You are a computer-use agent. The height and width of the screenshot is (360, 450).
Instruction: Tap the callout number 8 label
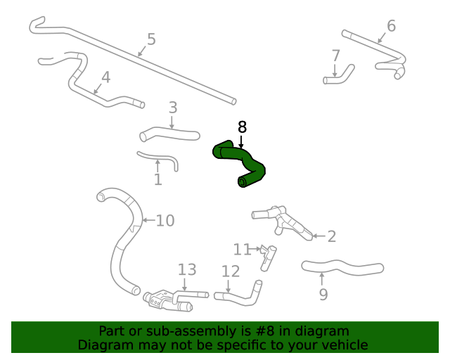(x=242, y=127)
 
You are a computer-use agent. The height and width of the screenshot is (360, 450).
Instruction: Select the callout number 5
(x=151, y=39)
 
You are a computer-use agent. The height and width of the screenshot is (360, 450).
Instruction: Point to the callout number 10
(x=165, y=221)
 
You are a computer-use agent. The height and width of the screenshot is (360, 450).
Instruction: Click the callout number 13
(x=187, y=270)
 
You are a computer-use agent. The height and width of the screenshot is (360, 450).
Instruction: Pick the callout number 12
(x=231, y=271)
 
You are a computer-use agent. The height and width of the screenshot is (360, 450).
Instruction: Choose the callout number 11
(x=242, y=249)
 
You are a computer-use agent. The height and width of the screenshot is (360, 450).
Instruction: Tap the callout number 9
(x=323, y=295)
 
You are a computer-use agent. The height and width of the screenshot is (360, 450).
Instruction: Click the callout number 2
(x=332, y=236)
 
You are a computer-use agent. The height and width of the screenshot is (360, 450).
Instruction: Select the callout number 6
(x=392, y=25)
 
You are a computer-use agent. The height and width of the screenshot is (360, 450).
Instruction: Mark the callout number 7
(x=336, y=56)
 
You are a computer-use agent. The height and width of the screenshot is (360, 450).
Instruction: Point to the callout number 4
(x=106, y=77)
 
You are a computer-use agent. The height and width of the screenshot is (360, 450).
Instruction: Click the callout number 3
(x=173, y=108)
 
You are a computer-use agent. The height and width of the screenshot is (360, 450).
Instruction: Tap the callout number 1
(x=158, y=179)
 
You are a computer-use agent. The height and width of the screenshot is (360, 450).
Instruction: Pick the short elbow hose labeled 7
(x=339, y=76)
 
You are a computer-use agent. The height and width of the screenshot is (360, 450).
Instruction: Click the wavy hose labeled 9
(x=342, y=266)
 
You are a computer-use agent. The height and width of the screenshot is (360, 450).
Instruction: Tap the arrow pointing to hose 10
(x=149, y=220)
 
